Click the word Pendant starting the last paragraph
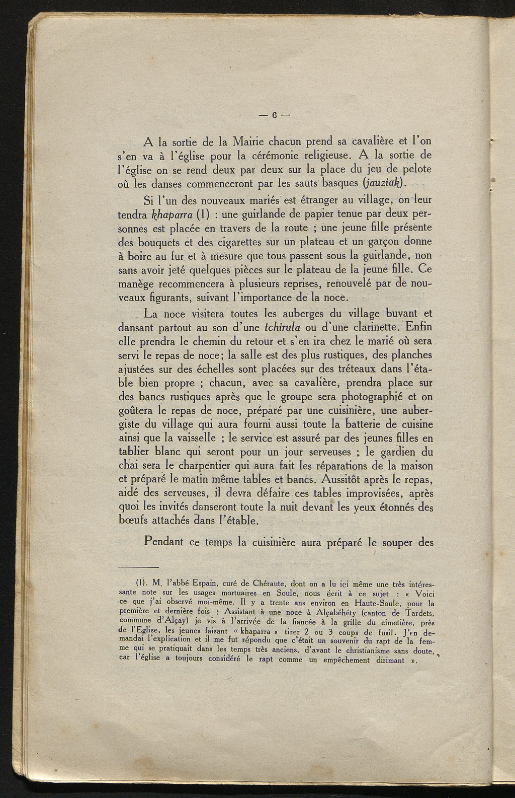point(163,543)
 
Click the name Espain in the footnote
point(201,584)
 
